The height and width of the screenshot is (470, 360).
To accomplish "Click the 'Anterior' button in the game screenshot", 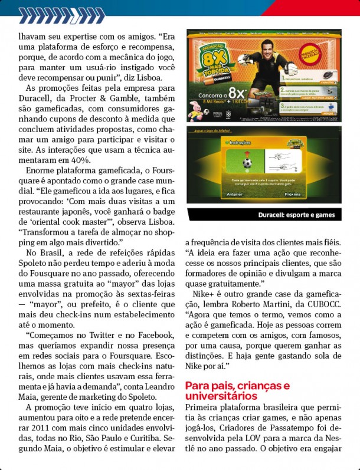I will click(x=235, y=193).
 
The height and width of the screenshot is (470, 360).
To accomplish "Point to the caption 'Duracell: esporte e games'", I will click(x=296, y=215).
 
